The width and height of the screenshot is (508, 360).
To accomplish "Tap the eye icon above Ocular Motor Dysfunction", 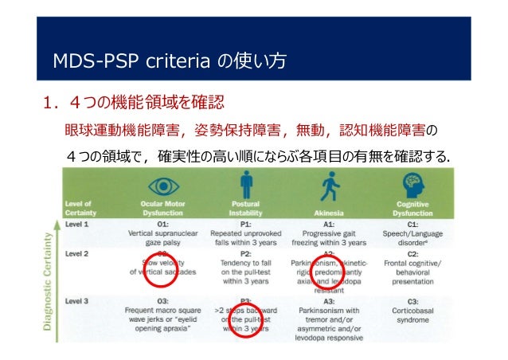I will pyautogui.click(x=162, y=186).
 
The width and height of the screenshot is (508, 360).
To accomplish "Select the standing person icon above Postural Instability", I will pyautogui.click(x=246, y=185).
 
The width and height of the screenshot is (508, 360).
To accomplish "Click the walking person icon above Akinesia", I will pyautogui.click(x=328, y=186).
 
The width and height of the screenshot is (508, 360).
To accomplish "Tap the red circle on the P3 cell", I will pyautogui.click(x=244, y=318).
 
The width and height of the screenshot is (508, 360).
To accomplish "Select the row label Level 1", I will pyautogui.click(x=78, y=224).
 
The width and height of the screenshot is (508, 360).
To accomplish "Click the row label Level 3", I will pyautogui.click(x=78, y=301).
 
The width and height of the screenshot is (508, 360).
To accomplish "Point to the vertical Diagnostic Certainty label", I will pyautogui.click(x=53, y=284).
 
